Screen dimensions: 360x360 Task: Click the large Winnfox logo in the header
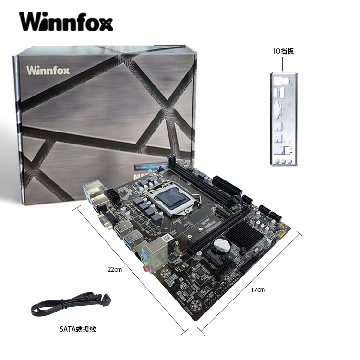pyautogui.click(x=66, y=22)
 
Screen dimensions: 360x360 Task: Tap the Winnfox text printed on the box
pyautogui.click(x=48, y=71)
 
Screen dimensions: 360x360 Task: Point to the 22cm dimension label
pyautogui.click(x=115, y=270)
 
